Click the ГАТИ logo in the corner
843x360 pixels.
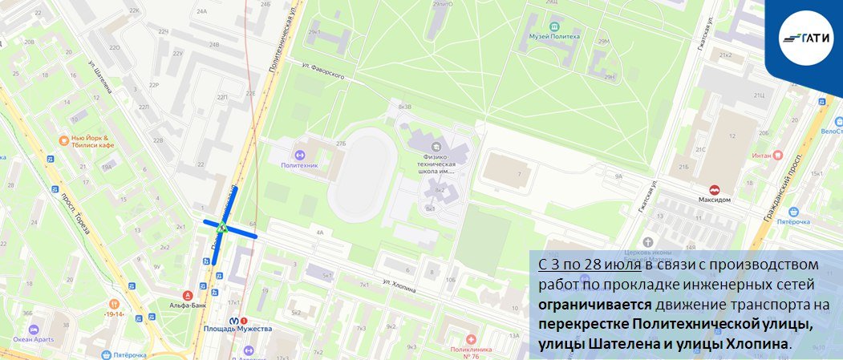807,36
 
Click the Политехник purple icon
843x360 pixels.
298,153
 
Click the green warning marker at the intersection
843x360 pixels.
229,229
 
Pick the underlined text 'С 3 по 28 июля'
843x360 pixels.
589,265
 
